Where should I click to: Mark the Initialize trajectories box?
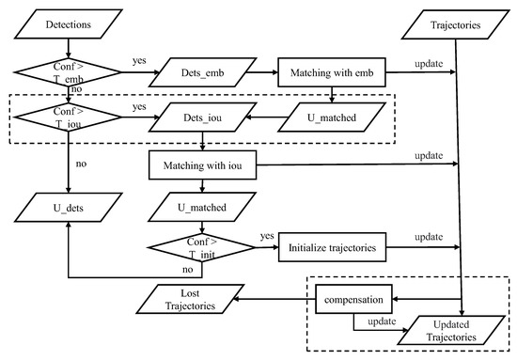pyautogui.click(x=334, y=248)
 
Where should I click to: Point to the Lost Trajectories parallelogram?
pyautogui.click(x=185, y=301)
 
